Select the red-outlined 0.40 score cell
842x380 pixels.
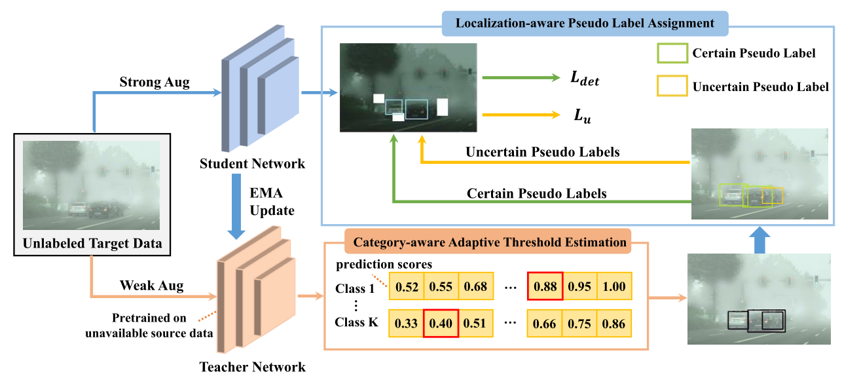click(440, 323)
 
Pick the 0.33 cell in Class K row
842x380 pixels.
click(406, 323)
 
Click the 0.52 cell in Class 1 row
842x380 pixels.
click(406, 286)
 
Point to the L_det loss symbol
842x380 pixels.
click(585, 79)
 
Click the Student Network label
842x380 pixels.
click(252, 163)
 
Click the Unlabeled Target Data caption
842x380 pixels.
click(92, 245)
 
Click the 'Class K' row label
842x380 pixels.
click(357, 322)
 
